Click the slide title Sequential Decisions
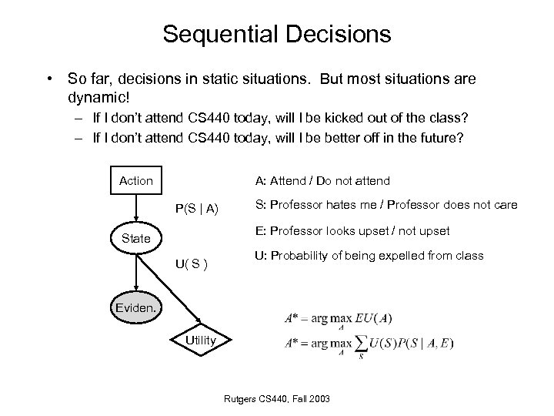coord(277,35)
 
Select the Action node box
coord(136,180)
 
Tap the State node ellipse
coord(136,238)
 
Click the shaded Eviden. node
coord(136,309)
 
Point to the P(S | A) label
coord(196,208)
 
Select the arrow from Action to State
coord(136,208)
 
